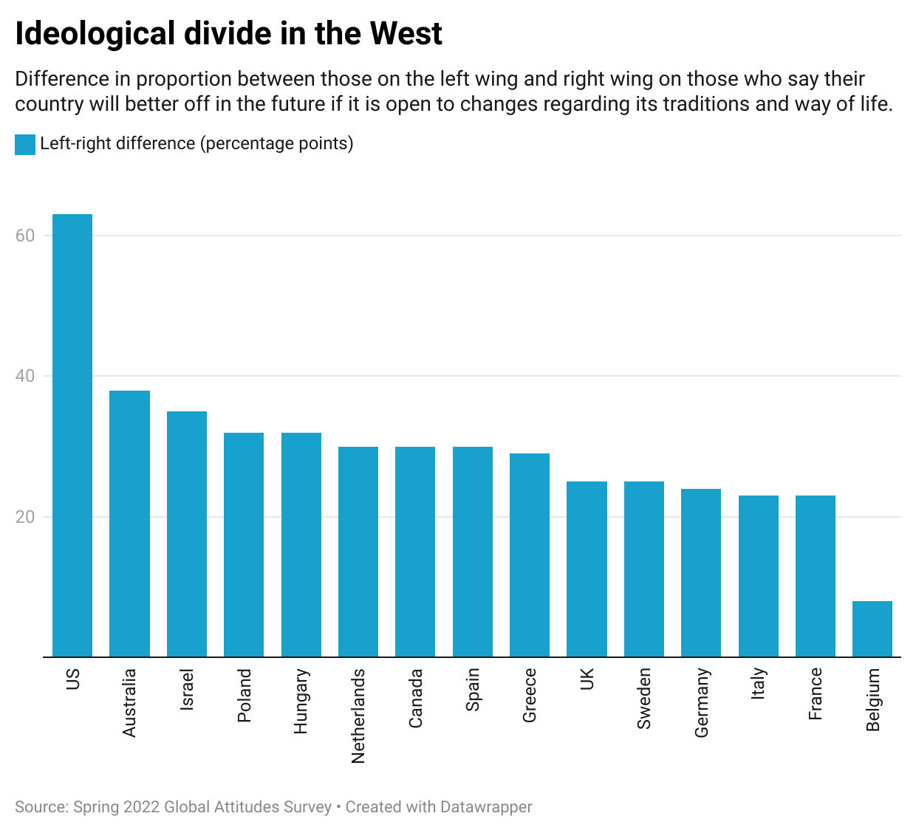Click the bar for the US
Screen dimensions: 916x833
pyautogui.click(x=72, y=435)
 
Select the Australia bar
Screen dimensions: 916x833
pyautogui.click(x=129, y=524)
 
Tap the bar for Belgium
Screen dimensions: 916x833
pyautogui.click(x=872, y=629)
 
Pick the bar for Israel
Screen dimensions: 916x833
pyautogui.click(x=187, y=534)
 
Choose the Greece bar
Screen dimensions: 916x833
pyautogui.click(x=529, y=555)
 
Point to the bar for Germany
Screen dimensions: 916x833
pyautogui.click(x=701, y=573)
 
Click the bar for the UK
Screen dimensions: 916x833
pyautogui.click(x=587, y=569)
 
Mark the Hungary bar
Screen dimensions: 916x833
pyautogui.click(x=301, y=544)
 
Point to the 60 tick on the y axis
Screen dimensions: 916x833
pyautogui.click(x=25, y=236)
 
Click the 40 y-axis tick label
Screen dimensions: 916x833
pyautogui.click(x=25, y=376)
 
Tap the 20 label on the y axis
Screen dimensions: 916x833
pyautogui.click(x=25, y=517)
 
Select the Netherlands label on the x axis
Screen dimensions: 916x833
pyautogui.click(x=358, y=716)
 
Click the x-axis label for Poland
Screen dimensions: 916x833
pyautogui.click(x=244, y=695)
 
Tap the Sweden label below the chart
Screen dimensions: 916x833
pyautogui.click(x=643, y=699)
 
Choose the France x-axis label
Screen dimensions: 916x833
pyautogui.click(x=815, y=693)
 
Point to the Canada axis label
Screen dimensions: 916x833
pyautogui.click(x=415, y=698)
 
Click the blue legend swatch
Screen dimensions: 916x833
pyautogui.click(x=25, y=144)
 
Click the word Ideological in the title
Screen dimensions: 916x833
pyautogui.click(x=95, y=34)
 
